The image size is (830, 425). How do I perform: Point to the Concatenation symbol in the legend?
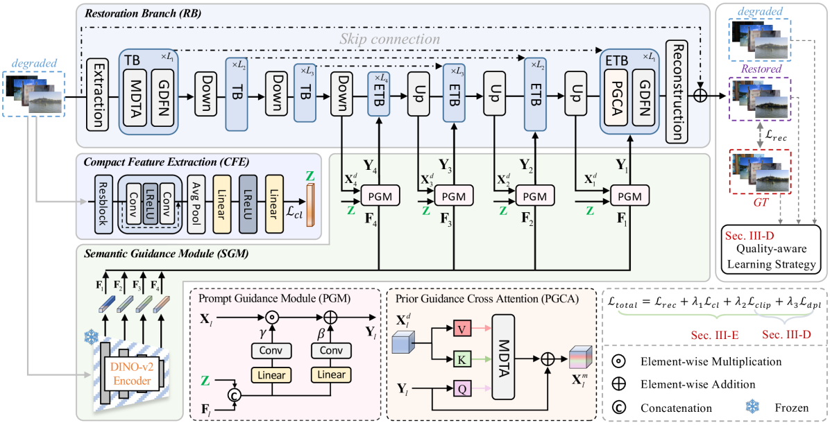coord(618,408)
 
